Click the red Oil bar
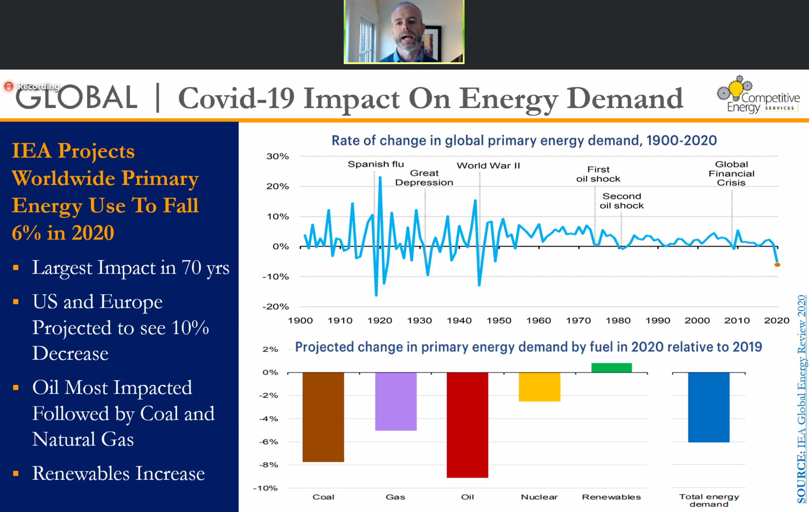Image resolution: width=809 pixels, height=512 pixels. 467,425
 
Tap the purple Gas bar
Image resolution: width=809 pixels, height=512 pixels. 396,401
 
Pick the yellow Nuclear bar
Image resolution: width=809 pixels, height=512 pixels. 539,387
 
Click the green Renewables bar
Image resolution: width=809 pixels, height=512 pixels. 611,368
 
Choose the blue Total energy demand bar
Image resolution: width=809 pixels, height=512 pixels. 709,407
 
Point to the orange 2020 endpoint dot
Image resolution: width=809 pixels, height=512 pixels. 777,265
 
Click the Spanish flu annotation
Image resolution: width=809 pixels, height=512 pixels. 376,164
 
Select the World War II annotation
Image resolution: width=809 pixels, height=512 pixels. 488,166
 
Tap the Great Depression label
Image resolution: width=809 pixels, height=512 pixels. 424,178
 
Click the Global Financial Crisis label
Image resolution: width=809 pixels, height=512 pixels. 731,173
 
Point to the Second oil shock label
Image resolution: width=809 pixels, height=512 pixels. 622,201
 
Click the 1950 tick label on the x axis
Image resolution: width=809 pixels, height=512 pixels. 499,321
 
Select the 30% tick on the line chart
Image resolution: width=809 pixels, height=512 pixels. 277,156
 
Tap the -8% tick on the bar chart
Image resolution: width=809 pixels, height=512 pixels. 269,465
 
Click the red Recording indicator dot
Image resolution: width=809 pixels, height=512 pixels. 9,86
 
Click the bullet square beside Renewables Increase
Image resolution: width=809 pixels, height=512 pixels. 16,474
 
